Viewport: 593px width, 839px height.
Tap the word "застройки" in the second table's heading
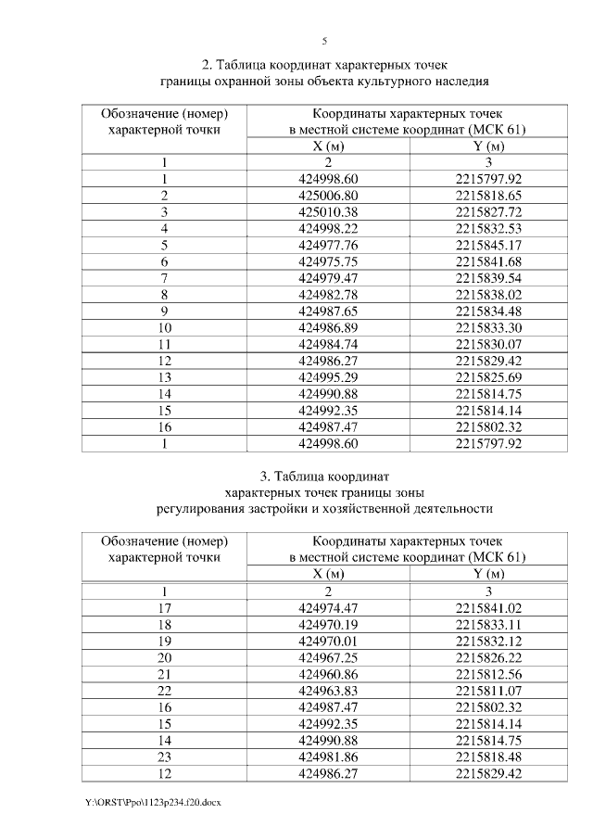click(x=283, y=509)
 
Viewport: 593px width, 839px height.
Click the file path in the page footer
click(x=139, y=800)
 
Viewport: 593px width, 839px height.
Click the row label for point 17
click(x=164, y=608)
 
